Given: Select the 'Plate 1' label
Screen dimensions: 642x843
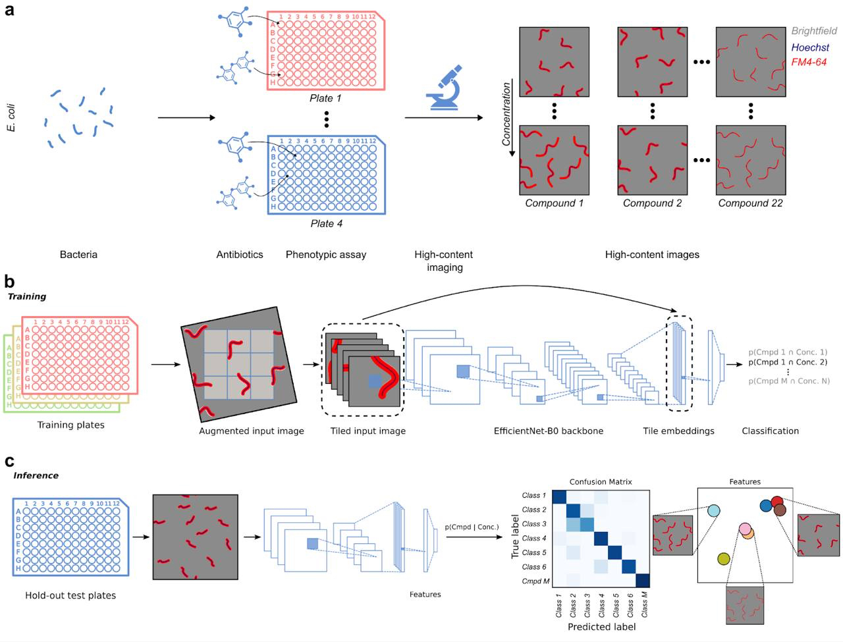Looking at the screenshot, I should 325,98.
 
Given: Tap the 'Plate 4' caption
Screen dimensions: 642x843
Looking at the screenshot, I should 326,223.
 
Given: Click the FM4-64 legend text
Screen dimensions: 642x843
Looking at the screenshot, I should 808,62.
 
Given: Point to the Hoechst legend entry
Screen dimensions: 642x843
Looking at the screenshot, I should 809,47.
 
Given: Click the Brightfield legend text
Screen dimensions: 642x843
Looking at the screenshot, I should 813,31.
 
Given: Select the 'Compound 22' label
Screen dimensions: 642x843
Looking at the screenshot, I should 750,203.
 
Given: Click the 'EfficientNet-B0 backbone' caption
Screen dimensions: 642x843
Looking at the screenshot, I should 548,431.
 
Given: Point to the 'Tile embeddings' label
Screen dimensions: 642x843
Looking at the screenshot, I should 678,431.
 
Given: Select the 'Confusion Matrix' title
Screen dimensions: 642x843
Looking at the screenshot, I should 601,482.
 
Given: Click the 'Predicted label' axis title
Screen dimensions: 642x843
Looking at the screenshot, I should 601,627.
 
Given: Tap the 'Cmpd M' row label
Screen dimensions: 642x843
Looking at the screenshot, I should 535,581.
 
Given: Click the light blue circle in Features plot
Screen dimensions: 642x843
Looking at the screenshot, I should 713,510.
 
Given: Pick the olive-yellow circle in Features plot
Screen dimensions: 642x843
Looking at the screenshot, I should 723,559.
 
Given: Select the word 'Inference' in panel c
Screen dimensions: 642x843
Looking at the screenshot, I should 36,475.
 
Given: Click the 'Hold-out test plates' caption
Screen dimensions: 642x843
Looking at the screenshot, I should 70,595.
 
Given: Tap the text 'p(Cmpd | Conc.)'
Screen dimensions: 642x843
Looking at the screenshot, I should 471,527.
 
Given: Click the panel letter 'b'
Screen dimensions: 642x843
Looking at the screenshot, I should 9,282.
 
